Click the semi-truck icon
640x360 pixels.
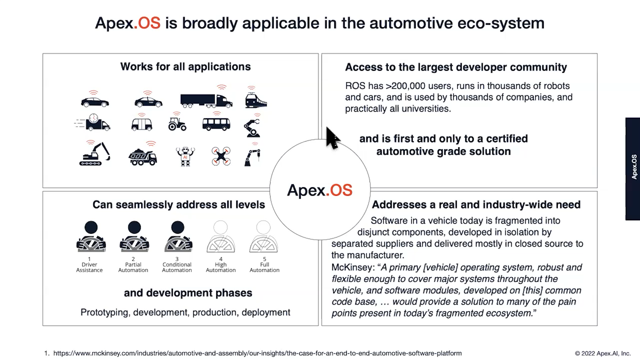pos(206,100)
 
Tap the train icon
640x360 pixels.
pos(256,100)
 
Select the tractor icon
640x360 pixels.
pos(177,124)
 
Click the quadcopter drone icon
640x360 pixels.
pos(221,156)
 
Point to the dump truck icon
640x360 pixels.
pos(143,157)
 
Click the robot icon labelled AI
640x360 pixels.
pos(185,156)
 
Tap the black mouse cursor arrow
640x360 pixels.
pos(332,138)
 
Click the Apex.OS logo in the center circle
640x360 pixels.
pos(320,190)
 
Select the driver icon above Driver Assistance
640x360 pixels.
pos(91,236)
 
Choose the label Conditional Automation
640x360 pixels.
pos(177,267)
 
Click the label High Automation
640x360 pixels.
pos(221,267)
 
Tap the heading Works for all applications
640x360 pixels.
pos(185,67)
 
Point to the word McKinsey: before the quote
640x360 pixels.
pos(353,267)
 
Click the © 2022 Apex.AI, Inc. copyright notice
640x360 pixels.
pos(603,353)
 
